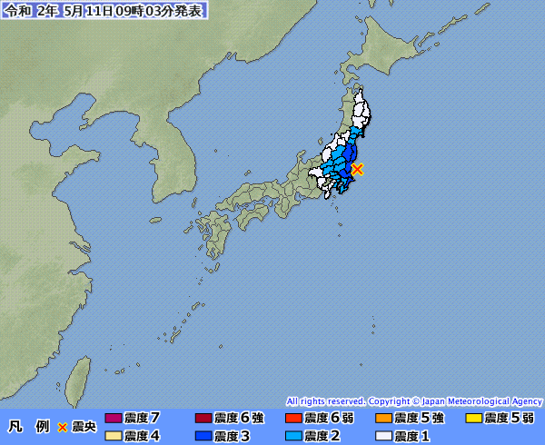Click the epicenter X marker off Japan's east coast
358,169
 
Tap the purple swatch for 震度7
114,418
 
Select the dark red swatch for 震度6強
203,418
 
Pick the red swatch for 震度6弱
293,418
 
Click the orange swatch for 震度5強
384,418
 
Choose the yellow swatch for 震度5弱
473,418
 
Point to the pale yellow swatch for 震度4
114,436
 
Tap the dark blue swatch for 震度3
203,436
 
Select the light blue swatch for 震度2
293,436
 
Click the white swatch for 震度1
384,436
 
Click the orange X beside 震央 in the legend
63,426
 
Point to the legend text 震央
83,426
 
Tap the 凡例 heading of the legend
28,426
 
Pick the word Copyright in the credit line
391,400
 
